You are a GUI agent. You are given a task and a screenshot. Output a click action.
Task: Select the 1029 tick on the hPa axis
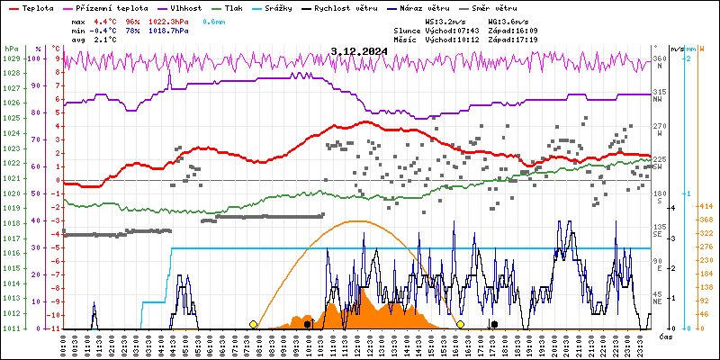coord(11,58)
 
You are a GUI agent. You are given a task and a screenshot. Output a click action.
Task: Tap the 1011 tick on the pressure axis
coord(11,328)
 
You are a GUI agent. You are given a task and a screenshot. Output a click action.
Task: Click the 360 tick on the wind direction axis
coord(660,58)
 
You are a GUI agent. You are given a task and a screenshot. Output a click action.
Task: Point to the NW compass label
coord(658,99)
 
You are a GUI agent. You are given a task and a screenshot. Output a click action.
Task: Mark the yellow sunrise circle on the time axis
coord(253,324)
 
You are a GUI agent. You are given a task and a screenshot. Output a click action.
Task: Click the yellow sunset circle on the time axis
coord(460,324)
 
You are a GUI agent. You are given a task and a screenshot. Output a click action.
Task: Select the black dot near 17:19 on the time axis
coord(493,324)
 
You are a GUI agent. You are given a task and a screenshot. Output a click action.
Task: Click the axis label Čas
coord(667,337)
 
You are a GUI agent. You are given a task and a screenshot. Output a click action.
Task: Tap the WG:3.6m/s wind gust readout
coord(514,20)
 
